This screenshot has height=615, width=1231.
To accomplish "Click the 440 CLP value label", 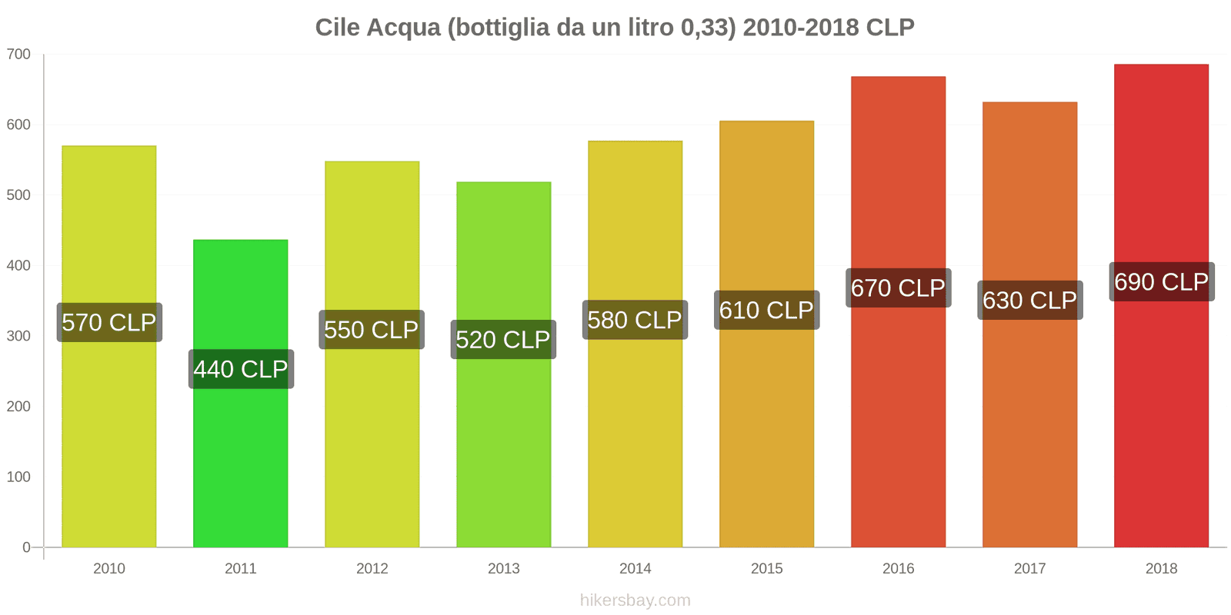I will click(x=241, y=369).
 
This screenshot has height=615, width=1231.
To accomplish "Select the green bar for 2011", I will click(x=241, y=461).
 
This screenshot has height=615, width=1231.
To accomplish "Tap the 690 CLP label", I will click(x=1161, y=282).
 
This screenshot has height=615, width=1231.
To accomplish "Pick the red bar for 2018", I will click(x=1161, y=423).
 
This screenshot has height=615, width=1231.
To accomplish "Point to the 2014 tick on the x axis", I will click(x=635, y=568).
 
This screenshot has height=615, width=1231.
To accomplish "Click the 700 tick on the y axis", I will click(x=18, y=55).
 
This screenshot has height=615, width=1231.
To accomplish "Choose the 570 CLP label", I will click(x=109, y=322).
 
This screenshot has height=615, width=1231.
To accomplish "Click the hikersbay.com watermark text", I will click(x=635, y=600).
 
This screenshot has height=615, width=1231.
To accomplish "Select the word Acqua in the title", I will click(x=403, y=28).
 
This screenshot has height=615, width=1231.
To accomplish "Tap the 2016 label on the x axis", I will click(x=898, y=568).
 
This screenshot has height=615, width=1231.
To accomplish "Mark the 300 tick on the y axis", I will click(x=18, y=336).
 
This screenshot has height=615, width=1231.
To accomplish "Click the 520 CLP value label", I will click(x=503, y=340).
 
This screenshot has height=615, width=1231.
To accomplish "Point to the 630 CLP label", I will click(x=1029, y=301).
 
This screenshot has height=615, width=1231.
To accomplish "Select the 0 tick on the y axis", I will click(x=26, y=547).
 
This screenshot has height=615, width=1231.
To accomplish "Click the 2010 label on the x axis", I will click(x=108, y=568).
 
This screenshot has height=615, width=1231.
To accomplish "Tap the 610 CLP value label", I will click(x=766, y=310).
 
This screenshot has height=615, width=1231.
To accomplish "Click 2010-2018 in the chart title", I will click(x=801, y=28).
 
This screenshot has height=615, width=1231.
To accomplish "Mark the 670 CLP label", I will click(x=898, y=288).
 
